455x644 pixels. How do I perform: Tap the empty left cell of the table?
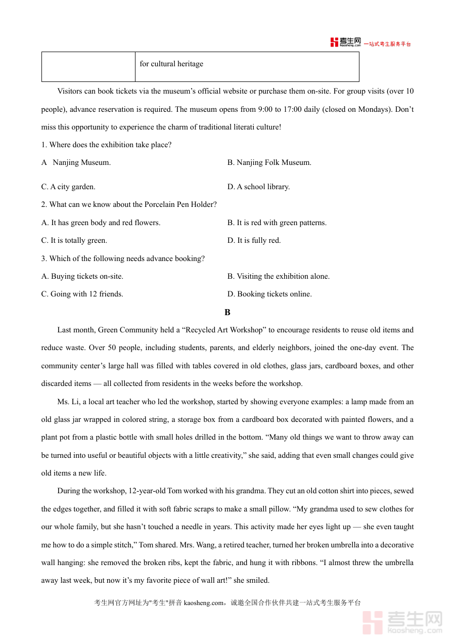pos(88,66)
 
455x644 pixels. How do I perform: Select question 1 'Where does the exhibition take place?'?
pos(106,145)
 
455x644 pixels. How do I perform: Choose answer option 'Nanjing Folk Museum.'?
pos(269,162)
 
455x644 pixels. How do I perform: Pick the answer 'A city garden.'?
pos(68,187)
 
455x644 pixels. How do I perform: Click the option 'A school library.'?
pos(258,187)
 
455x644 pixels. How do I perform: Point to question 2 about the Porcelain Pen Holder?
pos(129,204)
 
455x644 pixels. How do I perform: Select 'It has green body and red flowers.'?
pos(101,223)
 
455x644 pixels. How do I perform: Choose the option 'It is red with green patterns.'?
pos(277,223)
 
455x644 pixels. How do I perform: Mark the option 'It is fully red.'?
pos(254,240)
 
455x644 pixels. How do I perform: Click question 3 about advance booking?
pos(123,259)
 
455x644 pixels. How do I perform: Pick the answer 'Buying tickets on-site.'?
pos(82,276)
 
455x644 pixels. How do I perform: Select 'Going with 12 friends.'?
pos(82,294)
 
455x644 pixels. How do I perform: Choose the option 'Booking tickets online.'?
pos(269,294)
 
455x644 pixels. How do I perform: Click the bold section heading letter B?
pos(227,312)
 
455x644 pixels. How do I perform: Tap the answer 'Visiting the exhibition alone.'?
pos(278,276)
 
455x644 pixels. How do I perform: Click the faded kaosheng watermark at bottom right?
pos(403,622)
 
